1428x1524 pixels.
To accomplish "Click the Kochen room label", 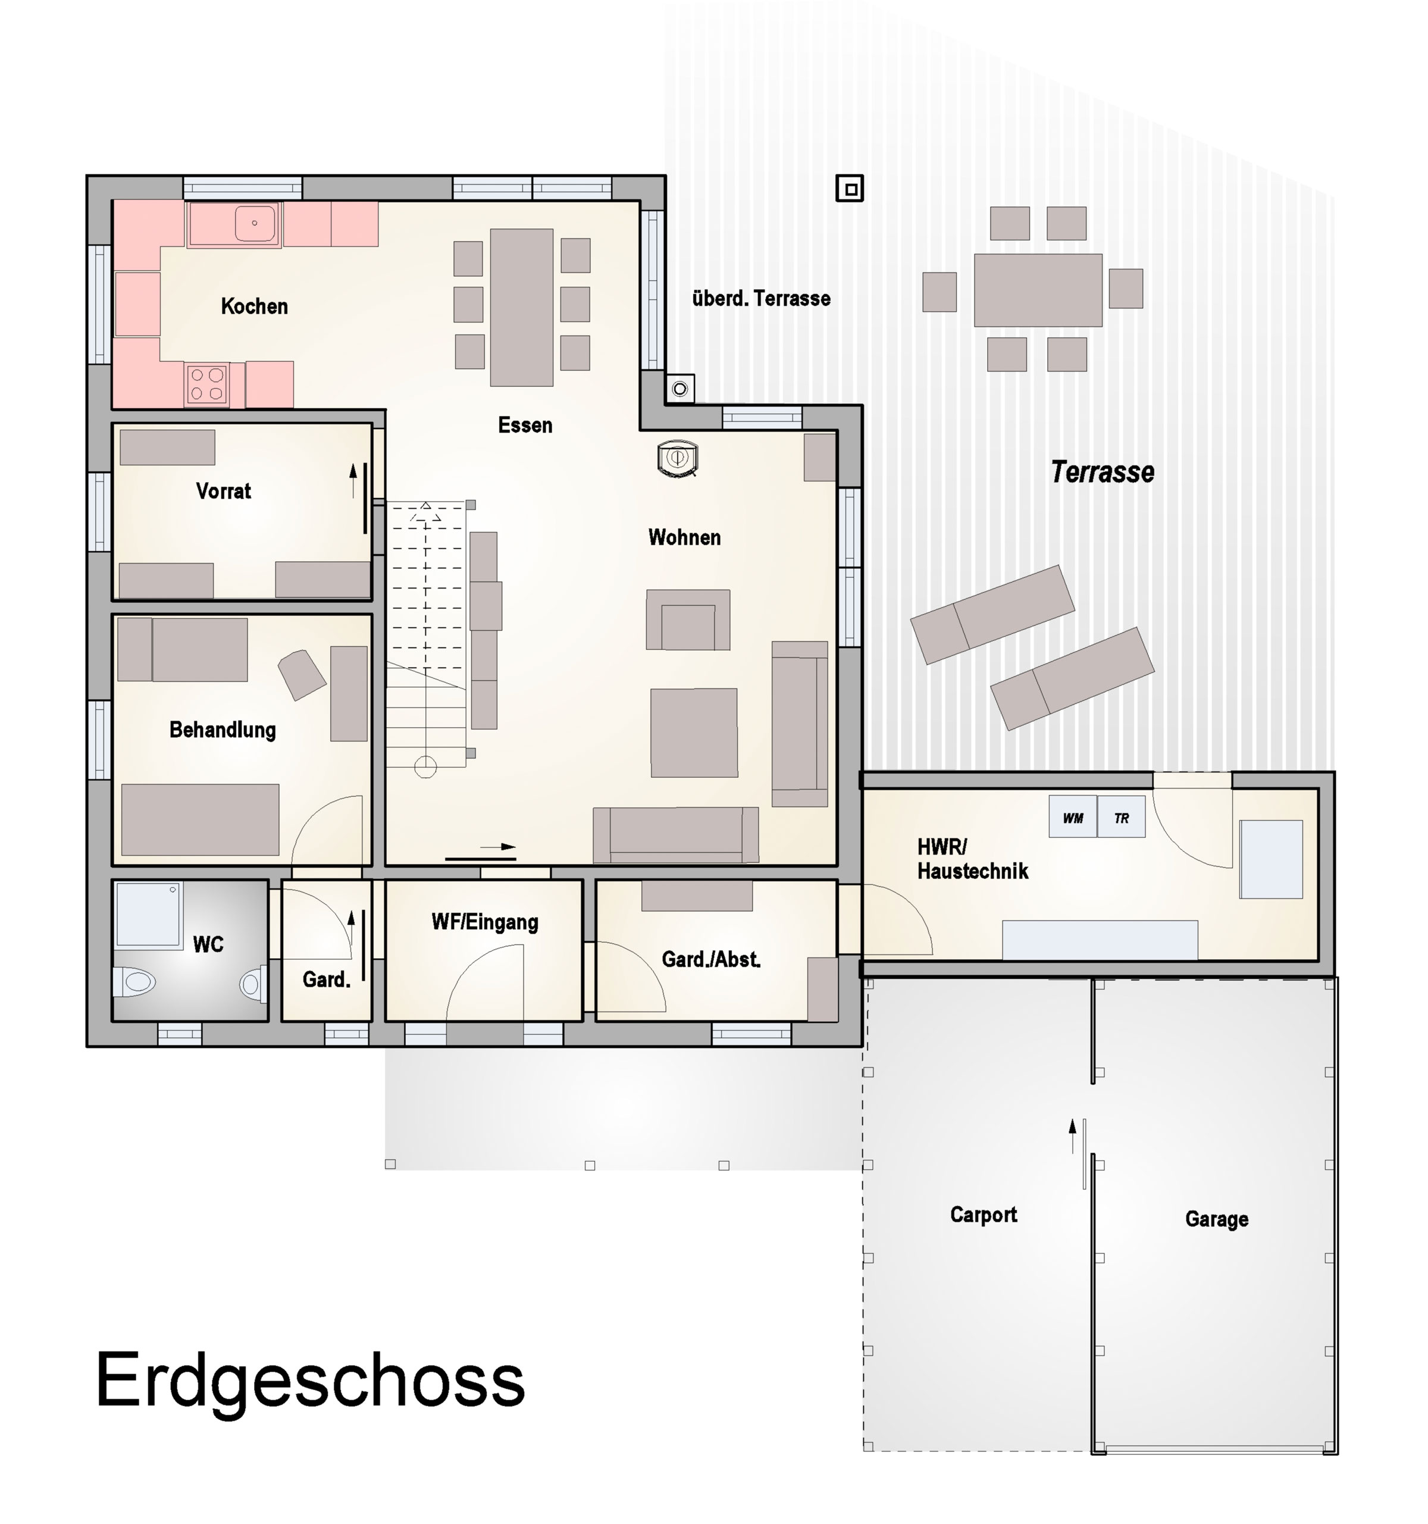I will pos(253,306).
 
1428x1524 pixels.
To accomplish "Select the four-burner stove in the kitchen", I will pos(207,384).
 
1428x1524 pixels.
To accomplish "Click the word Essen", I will pos(524,425).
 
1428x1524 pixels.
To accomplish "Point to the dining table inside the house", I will pos(521,306).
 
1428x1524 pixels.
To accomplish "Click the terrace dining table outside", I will pos(1037,290).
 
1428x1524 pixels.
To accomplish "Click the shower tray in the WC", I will pos(148,915).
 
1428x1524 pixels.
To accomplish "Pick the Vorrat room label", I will pos(223,492).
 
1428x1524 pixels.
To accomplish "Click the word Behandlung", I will pos(223,730).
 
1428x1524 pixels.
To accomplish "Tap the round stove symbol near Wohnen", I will pos(677,458).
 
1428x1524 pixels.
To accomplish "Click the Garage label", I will pos(1216,1219).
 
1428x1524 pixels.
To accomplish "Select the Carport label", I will pos(983,1215).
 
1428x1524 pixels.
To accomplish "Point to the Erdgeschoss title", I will pos(309,1381).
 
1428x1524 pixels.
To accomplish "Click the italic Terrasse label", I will pos(1101,472).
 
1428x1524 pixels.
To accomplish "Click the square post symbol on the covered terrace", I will pos(849,189).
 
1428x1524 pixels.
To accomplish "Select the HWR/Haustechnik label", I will pos(972,859).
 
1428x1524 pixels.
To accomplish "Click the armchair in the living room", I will pos(688,620).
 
